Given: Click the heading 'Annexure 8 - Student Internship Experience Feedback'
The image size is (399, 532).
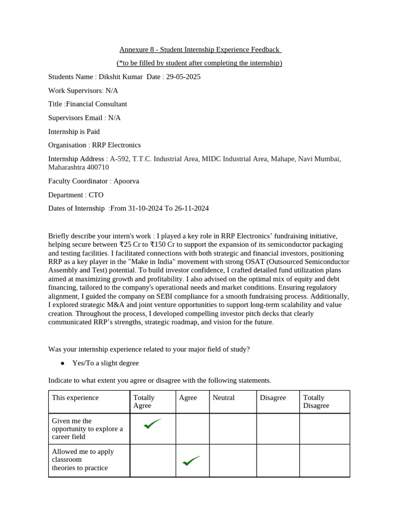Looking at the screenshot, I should click(200, 50).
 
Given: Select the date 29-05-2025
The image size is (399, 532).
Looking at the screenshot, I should click(183, 77).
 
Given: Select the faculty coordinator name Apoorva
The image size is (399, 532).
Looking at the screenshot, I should click(126, 181).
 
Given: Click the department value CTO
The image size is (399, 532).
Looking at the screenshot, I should click(96, 195).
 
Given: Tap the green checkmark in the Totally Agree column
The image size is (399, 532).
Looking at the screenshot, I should click(152, 424).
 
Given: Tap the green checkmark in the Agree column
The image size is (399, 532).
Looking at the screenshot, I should click(191, 460).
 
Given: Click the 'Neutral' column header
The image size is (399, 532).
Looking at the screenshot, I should click(223, 398).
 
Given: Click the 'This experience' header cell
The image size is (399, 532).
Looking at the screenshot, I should click(75, 398).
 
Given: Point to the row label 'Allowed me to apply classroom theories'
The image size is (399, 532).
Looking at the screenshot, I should click(83, 460).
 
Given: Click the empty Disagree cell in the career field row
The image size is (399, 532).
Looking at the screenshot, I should click(277, 429).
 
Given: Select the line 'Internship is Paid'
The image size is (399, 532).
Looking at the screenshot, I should click(74, 131).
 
